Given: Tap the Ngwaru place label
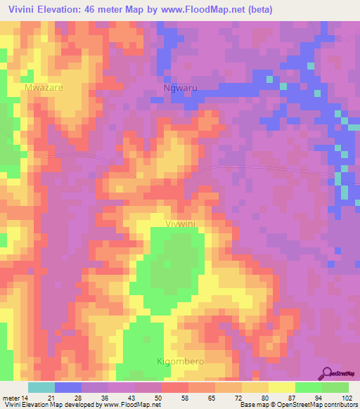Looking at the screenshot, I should pos(177,89).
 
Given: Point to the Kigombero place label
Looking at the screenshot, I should pos(180,361).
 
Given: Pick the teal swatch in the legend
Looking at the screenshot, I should pos(41,387).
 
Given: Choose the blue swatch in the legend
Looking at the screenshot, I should pos(68,387).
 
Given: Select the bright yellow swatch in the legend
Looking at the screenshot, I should pos(282,387).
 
